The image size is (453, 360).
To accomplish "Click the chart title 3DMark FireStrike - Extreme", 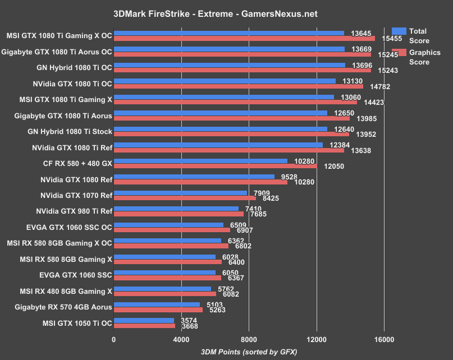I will click(x=226, y=12).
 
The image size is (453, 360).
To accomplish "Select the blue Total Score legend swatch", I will click(x=399, y=31).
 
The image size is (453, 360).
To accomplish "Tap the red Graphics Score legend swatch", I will click(x=399, y=53).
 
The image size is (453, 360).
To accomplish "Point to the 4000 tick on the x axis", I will click(x=181, y=339).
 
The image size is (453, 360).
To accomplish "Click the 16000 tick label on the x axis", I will click(x=384, y=339).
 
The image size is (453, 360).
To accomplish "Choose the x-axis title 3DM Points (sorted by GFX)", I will click(x=249, y=351).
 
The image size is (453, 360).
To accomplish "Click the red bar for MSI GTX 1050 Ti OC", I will click(x=145, y=326).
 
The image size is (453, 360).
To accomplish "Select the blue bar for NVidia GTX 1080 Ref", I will click(x=194, y=177).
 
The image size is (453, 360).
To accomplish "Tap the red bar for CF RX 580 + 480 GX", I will click(x=215, y=166).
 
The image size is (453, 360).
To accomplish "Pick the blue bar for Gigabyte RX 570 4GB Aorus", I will click(x=157, y=304).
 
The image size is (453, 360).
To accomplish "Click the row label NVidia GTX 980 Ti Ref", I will click(x=76, y=211).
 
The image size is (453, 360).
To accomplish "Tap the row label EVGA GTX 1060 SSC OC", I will click(x=73, y=227).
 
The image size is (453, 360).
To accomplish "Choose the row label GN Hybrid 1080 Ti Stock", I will click(x=70, y=132).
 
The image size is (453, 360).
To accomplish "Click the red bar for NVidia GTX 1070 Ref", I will click(x=185, y=198).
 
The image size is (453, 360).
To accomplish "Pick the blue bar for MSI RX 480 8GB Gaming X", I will click(x=162, y=289).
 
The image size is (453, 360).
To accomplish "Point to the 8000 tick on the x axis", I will click(x=249, y=339).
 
